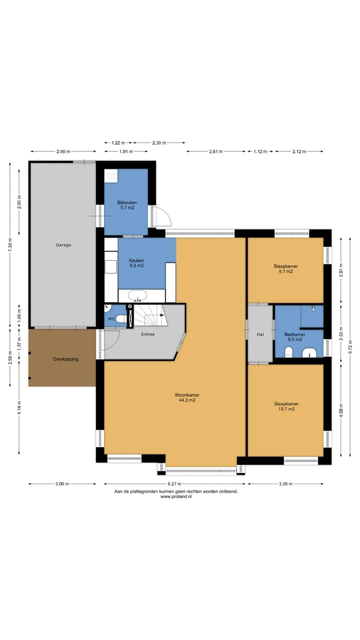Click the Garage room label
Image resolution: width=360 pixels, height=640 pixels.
(x=63, y=245)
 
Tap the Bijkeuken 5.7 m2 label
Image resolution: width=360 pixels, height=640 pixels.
(x=127, y=205)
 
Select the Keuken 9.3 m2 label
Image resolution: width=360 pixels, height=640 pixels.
(x=136, y=263)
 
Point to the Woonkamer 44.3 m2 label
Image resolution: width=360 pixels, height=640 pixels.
(x=187, y=397)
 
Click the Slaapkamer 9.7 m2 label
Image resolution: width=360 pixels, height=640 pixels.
(x=285, y=269)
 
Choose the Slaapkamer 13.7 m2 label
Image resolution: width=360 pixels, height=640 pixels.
(x=286, y=406)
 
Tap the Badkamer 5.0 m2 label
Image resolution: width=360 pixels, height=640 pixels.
(x=295, y=337)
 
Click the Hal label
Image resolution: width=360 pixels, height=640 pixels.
(x=260, y=334)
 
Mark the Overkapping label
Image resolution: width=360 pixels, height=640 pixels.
(x=65, y=359)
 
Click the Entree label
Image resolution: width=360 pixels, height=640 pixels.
(x=148, y=334)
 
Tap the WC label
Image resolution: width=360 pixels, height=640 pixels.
(x=111, y=319)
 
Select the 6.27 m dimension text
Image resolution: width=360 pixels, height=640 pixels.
(x=174, y=483)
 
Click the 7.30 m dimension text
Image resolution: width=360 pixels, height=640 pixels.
(x=10, y=244)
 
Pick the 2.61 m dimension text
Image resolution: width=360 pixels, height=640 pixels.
(x=216, y=151)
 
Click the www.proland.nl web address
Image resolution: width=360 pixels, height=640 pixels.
(x=176, y=496)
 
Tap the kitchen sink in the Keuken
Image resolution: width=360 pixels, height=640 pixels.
(x=137, y=295)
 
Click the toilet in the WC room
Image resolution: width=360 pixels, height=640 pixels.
(x=121, y=318)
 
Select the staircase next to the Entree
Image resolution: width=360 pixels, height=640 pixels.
(x=150, y=315)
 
